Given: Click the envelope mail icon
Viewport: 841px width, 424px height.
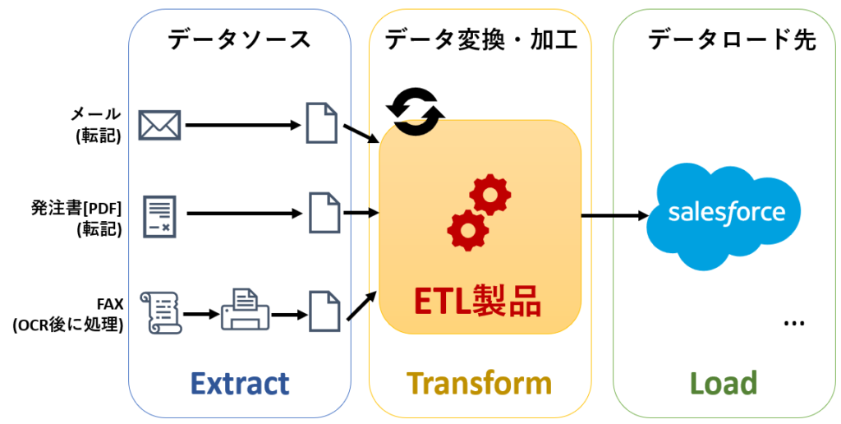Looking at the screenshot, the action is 160,125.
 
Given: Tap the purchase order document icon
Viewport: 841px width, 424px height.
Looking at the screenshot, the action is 160,216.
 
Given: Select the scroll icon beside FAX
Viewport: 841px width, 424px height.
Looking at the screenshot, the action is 161,312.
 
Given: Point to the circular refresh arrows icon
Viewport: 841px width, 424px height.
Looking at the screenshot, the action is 416,111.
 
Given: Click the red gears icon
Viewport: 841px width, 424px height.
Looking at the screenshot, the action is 479,212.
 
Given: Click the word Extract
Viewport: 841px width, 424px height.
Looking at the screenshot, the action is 240,383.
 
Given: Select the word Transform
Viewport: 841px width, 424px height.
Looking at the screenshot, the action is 479,383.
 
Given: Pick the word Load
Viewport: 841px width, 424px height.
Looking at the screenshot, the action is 724,383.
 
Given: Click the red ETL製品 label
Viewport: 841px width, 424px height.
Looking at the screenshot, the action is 479,302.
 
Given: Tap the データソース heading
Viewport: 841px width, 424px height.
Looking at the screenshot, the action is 239,39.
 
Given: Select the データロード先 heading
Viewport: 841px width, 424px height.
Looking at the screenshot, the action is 732,39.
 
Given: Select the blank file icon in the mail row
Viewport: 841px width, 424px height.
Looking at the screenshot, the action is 322,123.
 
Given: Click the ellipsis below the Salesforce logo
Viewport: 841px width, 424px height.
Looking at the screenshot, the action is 794,323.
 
